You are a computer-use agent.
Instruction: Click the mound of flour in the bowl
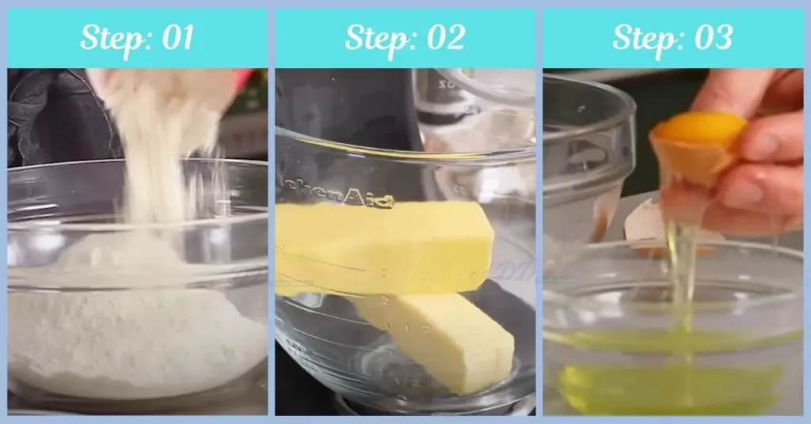pos(135,332)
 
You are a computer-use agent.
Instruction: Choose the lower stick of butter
pos(444,340)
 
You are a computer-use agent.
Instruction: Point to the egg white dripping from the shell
pos(680,269)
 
